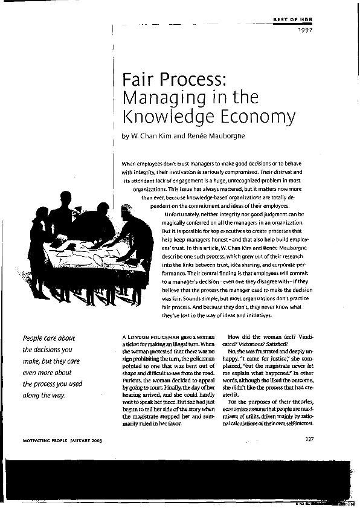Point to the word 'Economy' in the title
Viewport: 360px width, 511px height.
pyautogui.click(x=234, y=116)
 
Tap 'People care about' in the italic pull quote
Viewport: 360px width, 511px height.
pyautogui.click(x=48, y=338)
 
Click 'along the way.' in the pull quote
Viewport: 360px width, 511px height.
pyautogui.click(x=43, y=395)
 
